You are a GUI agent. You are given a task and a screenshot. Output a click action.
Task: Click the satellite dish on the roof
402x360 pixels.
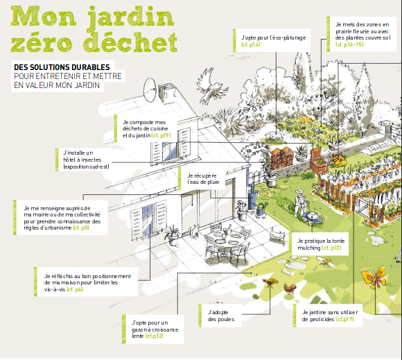[x=150, y=89]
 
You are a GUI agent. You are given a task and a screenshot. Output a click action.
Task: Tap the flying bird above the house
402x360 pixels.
[x=211, y=86]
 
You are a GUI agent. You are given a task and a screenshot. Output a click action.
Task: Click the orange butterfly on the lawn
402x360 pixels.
[x=374, y=278]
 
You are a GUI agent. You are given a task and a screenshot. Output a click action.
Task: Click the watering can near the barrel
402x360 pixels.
[x=261, y=208]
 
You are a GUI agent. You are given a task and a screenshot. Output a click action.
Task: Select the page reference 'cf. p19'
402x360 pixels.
[x=161, y=135]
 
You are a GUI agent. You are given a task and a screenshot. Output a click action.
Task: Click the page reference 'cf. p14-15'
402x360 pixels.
[x=349, y=44]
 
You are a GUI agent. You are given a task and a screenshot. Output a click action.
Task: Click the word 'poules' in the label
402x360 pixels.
[x=220, y=320]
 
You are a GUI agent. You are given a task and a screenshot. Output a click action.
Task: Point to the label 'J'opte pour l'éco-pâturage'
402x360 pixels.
[x=273, y=37]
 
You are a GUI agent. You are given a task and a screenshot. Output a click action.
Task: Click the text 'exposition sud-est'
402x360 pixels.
[x=86, y=166]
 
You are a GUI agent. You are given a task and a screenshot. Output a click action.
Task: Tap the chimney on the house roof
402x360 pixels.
[x=166, y=92]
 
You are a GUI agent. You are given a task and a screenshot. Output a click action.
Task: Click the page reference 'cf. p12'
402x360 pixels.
[x=155, y=336]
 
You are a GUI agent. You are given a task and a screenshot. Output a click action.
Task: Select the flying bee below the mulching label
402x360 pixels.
[x=326, y=262]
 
